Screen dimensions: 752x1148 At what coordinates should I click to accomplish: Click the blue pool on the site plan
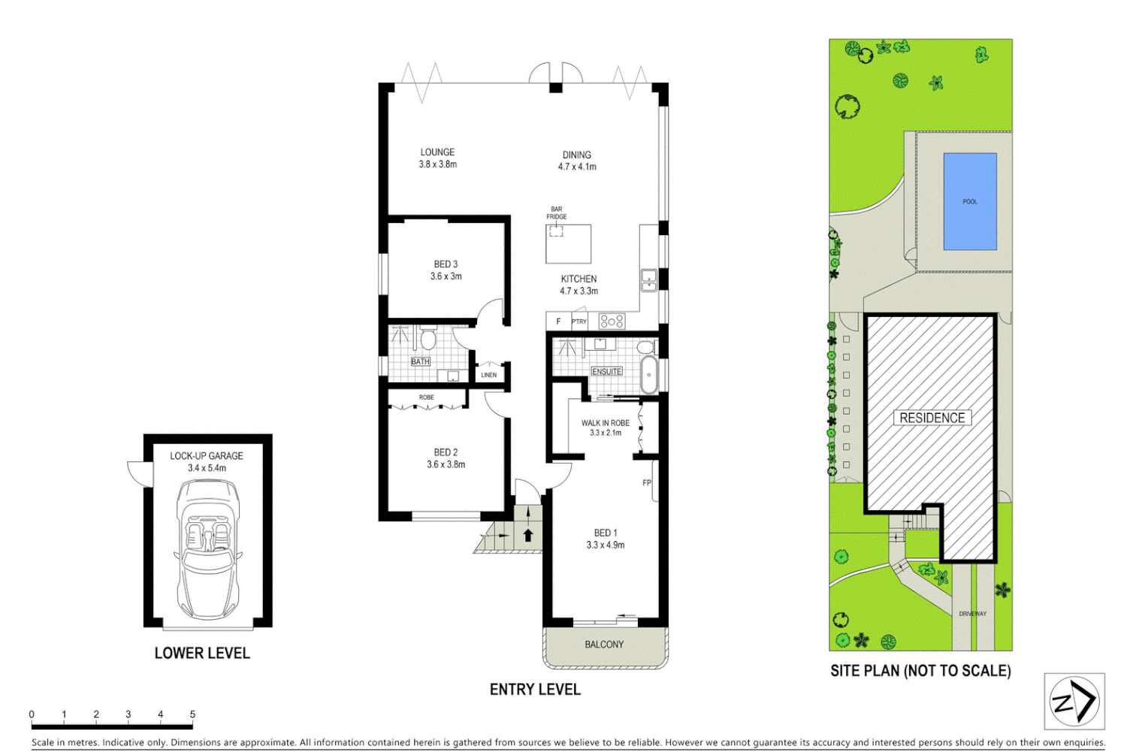[969, 201]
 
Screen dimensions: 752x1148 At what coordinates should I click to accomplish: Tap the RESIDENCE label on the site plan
[932, 418]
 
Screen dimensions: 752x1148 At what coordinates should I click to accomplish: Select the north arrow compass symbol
[1074, 702]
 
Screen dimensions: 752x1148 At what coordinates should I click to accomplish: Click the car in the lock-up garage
[207, 548]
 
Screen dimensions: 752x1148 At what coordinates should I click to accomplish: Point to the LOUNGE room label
[437, 153]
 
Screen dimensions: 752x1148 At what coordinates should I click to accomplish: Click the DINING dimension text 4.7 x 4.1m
[577, 167]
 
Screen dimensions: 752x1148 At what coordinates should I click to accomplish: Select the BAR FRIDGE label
[556, 213]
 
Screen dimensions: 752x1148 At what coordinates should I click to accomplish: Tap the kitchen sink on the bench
[648, 280]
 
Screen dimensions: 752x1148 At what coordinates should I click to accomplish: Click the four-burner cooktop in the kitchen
[612, 322]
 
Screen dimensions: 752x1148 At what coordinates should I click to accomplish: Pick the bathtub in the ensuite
[648, 374]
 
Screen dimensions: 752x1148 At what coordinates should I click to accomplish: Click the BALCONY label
[604, 645]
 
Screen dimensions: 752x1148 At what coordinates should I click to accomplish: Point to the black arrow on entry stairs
[528, 535]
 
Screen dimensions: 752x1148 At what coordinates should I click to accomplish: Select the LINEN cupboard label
[488, 375]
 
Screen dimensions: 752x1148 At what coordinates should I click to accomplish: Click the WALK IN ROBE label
[605, 423]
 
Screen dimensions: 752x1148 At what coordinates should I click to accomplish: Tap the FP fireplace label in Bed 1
[646, 483]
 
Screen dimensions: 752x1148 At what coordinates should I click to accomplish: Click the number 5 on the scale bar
[192, 714]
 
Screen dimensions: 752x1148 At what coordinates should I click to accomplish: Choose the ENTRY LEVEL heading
[535, 690]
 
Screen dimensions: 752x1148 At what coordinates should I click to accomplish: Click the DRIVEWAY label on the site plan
[972, 614]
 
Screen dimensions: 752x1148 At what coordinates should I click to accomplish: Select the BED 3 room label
[446, 264]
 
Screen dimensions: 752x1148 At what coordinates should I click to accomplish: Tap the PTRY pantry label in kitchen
[579, 322]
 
